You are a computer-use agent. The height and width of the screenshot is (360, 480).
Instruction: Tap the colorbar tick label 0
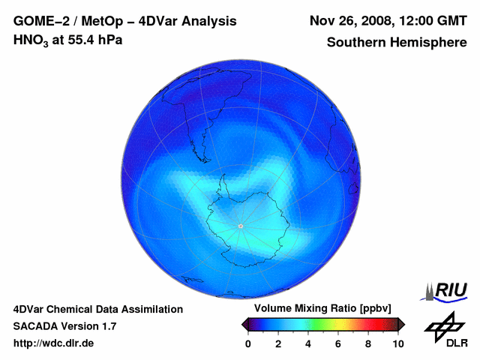tap(248, 343)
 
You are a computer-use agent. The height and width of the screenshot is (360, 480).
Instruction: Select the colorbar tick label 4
tap(308, 343)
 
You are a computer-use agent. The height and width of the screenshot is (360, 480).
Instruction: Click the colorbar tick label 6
tap(338, 343)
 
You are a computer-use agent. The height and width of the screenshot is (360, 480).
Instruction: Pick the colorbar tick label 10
tap(397, 343)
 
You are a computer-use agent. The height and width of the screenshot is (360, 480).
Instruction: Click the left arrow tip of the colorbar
tap(244, 324)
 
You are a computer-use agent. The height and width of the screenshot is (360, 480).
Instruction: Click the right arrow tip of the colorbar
tap(403, 324)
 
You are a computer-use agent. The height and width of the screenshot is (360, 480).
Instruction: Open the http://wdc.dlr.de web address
tap(54, 343)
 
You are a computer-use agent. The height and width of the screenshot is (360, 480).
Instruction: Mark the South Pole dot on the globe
tap(240, 226)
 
